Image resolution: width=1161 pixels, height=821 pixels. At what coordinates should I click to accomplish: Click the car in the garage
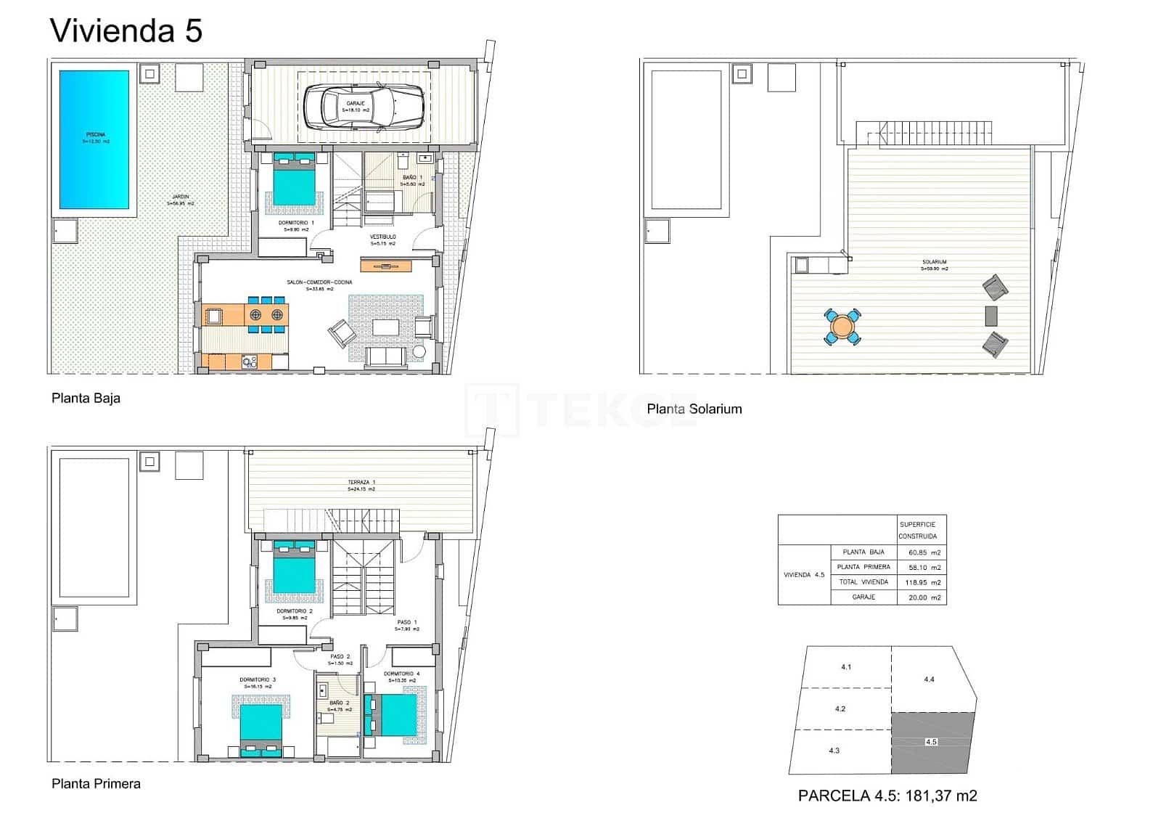tap(364, 107)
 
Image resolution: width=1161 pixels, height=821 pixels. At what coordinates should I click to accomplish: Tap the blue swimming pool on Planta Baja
tap(95, 139)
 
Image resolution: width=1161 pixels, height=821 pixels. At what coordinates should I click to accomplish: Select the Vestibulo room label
tap(382, 237)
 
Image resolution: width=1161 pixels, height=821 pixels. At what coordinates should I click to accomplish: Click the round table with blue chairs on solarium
tap(842, 327)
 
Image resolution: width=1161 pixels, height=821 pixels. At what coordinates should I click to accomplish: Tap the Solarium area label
tap(934, 262)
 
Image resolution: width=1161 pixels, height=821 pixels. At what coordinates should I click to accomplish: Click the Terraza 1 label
tap(361, 483)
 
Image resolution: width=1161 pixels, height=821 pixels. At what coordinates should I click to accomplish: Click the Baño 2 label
tap(339, 703)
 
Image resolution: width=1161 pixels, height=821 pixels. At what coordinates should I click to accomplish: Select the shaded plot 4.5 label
tap(931, 742)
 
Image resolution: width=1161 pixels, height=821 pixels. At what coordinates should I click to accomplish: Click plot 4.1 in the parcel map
tap(845, 666)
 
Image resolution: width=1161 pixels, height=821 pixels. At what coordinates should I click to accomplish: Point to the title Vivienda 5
tap(126, 31)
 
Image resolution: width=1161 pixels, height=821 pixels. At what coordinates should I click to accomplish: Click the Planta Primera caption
tap(96, 783)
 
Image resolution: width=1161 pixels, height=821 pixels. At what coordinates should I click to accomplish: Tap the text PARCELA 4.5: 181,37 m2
tap(887, 796)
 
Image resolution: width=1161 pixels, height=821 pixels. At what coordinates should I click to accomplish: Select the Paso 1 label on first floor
tap(406, 623)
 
